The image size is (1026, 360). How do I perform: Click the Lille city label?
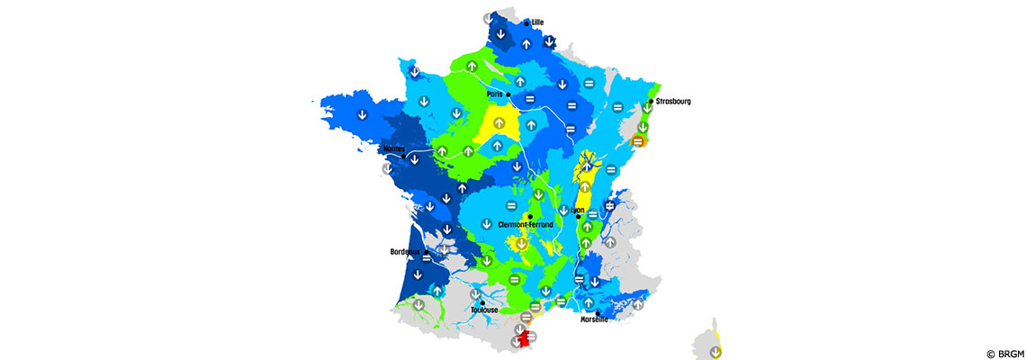(x=538, y=22)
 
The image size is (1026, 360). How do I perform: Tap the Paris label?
(x=493, y=94)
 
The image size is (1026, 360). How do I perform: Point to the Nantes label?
(x=394, y=149)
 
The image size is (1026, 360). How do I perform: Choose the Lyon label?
(x=578, y=210)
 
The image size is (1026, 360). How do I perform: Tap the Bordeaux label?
(x=406, y=252)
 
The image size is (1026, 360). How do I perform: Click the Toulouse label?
(x=484, y=310)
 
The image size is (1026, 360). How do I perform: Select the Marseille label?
(x=594, y=319)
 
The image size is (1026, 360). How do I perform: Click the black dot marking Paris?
(x=508, y=94)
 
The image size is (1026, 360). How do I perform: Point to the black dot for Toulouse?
(x=482, y=302)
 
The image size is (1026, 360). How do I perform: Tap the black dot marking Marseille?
(x=598, y=312)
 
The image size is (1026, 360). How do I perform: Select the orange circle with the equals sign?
(x=638, y=140)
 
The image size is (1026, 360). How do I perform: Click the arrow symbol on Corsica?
(x=715, y=351)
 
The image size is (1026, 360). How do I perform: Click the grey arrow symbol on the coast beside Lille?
(x=488, y=18)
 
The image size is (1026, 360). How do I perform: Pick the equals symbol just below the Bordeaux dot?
(x=427, y=257)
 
